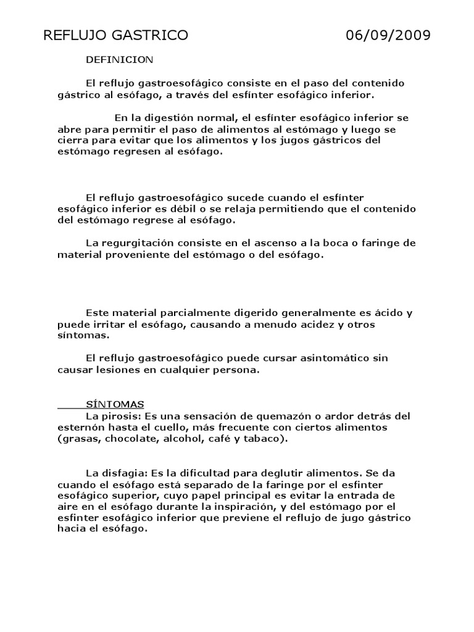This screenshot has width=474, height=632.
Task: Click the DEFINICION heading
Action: pos(119,60)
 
